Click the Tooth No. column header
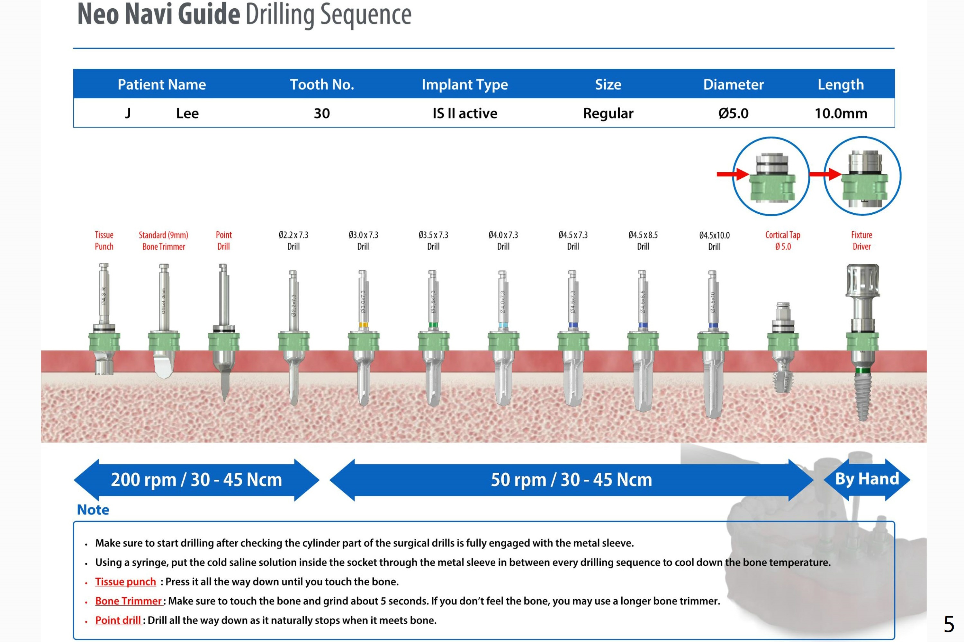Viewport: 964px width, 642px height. pos(322,84)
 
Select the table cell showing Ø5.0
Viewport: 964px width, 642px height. pos(733,113)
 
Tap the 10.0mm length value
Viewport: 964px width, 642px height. pos(841,113)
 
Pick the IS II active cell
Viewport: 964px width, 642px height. pos(465,113)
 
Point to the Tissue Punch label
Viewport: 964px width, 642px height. pos(104,241)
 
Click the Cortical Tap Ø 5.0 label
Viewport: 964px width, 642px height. pos(783,241)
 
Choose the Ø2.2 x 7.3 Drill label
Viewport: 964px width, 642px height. pos(293,241)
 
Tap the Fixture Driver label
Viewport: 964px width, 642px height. pos(861,241)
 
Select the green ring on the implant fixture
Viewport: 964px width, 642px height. pos(862,371)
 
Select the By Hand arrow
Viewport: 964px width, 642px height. pos(867,479)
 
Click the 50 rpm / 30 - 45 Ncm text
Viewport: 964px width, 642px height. pos(571,479)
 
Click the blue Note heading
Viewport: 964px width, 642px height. pos(93,510)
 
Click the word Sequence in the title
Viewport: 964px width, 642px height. pos(366,15)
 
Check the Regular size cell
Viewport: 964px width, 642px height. pos(608,113)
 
